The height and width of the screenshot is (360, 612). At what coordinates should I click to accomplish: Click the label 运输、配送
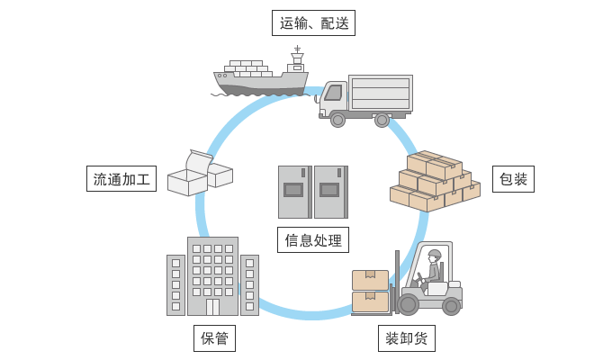[313, 23]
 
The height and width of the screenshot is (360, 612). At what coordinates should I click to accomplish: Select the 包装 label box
[513, 179]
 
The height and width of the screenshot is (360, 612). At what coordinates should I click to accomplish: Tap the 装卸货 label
[406, 338]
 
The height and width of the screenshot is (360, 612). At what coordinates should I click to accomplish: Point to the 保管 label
[214, 338]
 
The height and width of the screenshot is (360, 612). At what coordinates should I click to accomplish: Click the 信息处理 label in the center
[312, 239]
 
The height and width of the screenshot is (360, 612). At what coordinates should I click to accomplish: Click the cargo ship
[260, 77]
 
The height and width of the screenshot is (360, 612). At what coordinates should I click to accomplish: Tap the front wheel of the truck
[338, 119]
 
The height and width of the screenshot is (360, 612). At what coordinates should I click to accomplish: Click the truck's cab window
[333, 93]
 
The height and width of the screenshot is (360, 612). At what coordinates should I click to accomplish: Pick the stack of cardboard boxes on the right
[435, 181]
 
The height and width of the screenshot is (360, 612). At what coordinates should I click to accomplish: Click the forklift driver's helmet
[435, 255]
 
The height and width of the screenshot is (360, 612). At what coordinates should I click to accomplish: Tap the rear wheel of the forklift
[451, 306]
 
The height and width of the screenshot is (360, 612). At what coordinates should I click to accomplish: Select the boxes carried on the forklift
[370, 291]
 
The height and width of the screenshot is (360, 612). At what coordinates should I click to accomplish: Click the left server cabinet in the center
[293, 192]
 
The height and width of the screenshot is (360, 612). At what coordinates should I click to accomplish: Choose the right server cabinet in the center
[330, 192]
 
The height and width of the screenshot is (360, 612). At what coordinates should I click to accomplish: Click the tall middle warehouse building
[212, 274]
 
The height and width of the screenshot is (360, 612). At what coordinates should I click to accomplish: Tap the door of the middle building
[212, 307]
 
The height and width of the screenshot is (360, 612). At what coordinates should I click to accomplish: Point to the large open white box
[188, 178]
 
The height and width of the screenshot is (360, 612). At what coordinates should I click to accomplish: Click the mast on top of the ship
[297, 56]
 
